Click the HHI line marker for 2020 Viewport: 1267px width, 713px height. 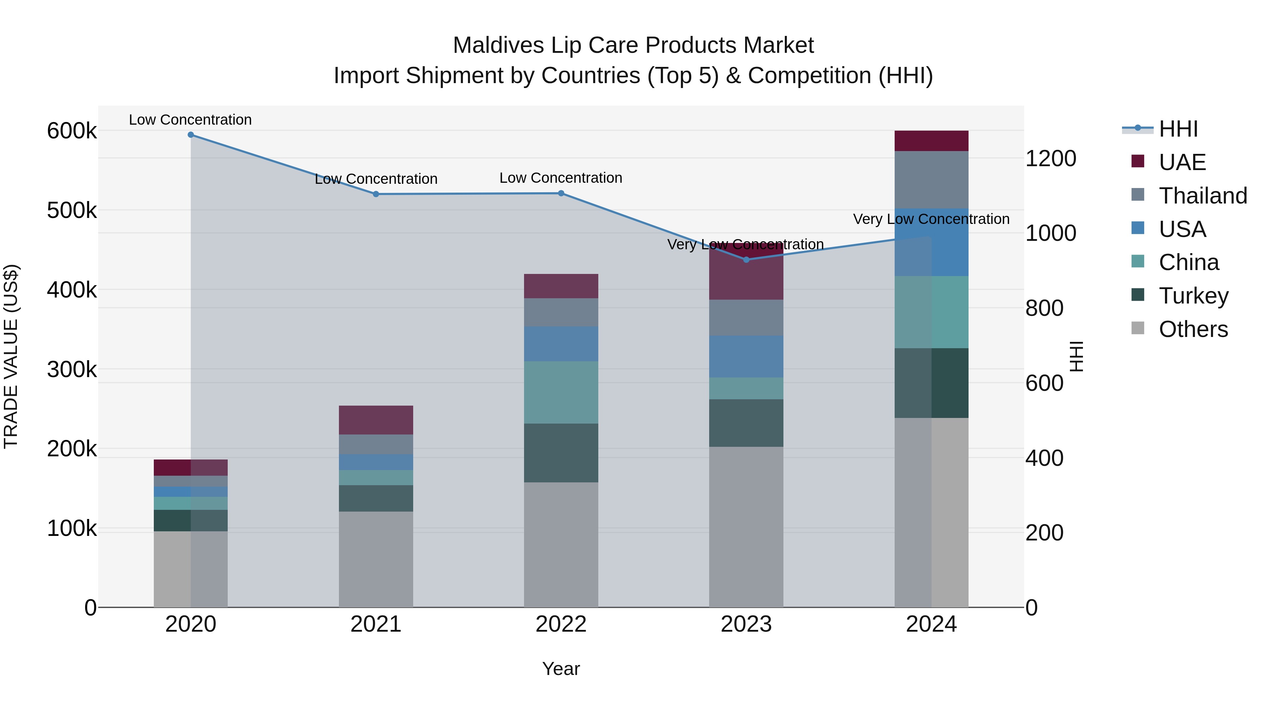point(191,135)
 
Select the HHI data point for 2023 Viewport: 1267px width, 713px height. point(746,259)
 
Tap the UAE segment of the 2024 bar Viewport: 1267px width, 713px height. point(931,141)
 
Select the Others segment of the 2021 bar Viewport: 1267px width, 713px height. point(376,559)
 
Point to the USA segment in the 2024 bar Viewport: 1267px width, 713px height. point(931,242)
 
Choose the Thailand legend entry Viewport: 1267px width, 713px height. point(1203,195)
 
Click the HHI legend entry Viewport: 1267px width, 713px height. point(1178,129)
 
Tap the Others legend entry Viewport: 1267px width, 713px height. point(1193,329)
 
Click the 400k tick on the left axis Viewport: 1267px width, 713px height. point(72,290)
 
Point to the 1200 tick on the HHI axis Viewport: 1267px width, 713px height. point(1051,158)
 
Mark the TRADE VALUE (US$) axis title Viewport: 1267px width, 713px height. point(11,356)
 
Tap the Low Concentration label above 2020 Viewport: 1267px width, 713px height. point(190,120)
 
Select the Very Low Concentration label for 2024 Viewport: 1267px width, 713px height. point(931,219)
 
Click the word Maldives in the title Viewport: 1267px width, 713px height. point(498,45)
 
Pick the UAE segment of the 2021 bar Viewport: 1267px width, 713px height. point(376,420)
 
